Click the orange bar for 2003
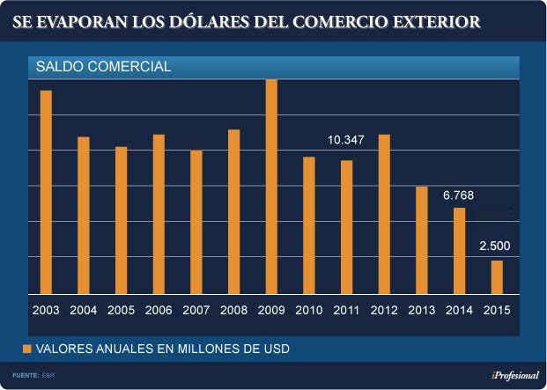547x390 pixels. [46, 192]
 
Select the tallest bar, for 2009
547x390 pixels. [271, 187]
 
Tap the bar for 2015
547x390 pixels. [497, 276]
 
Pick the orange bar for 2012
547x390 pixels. [384, 214]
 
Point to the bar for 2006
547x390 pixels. [159, 214]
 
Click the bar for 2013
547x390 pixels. [422, 239]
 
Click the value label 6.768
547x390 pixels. [459, 195]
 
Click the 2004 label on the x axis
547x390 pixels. [84, 310]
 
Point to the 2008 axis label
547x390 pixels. [233, 310]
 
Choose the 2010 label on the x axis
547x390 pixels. [309, 310]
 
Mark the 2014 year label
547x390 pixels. [459, 310]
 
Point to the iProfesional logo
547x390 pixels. [514, 376]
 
